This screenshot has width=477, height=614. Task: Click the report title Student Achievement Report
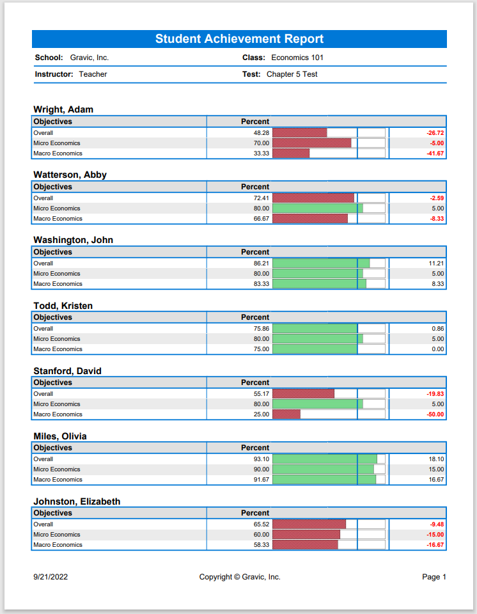coord(239,39)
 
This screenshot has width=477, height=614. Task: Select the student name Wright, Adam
coord(63,109)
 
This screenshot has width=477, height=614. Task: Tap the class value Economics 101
coord(297,58)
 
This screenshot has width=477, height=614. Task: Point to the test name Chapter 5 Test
coord(292,74)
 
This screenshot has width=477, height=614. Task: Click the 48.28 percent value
coord(262,133)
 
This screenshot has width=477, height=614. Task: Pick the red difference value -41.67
coord(435,153)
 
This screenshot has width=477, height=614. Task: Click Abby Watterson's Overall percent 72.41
coord(262,198)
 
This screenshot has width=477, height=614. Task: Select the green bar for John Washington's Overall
coord(321,263)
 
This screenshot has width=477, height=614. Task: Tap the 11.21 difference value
coord(436,263)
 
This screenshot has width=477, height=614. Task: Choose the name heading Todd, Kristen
coord(63,306)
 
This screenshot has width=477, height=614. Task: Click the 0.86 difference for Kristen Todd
coord(438,329)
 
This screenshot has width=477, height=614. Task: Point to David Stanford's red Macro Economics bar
coord(286,414)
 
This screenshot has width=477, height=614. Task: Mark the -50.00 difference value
coord(435,414)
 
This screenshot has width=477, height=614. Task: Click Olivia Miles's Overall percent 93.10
coord(262,459)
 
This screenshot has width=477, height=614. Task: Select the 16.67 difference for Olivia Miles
coord(436,479)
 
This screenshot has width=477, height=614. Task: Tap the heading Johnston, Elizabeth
coord(77,501)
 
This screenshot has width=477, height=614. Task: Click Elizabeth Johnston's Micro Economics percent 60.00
coord(262,535)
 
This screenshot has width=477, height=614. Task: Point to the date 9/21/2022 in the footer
coord(51,577)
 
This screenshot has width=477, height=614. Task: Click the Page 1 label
coord(434,577)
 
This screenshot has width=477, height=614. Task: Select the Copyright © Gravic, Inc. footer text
coord(240,577)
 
